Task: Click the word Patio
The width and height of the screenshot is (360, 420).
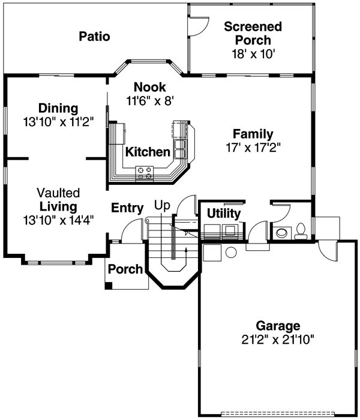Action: pyautogui.click(x=95, y=37)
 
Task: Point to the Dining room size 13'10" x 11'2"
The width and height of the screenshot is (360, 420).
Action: pyautogui.click(x=58, y=121)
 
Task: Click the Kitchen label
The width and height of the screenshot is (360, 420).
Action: pyautogui.click(x=148, y=152)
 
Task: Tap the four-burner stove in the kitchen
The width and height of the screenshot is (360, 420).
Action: pyautogui.click(x=144, y=173)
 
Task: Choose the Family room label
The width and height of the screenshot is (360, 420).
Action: pyautogui.click(x=253, y=133)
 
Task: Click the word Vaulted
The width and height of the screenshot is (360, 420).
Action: pyautogui.click(x=58, y=193)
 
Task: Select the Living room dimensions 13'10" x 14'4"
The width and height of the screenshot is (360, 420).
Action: pyautogui.click(x=58, y=219)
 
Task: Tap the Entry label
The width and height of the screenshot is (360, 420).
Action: pyautogui.click(x=127, y=208)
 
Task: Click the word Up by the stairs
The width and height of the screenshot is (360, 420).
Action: pyautogui.click(x=163, y=205)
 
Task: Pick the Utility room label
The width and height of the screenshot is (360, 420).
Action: pyautogui.click(x=223, y=214)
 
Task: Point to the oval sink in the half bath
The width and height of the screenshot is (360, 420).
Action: pyautogui.click(x=280, y=232)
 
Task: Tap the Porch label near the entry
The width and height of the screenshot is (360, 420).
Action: pyautogui.click(x=125, y=269)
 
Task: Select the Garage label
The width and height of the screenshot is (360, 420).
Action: pyautogui.click(x=278, y=326)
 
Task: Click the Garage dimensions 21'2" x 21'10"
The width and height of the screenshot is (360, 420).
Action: pyautogui.click(x=278, y=339)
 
